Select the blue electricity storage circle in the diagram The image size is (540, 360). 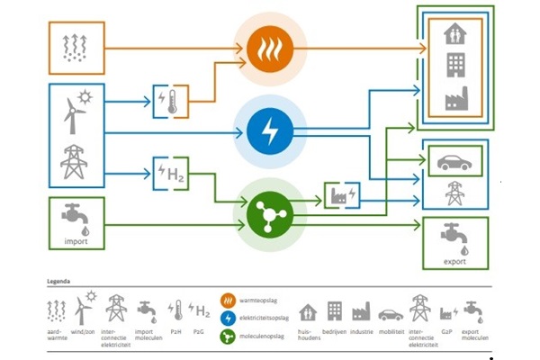[x=270, y=133]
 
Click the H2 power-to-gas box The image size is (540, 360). [x=172, y=173]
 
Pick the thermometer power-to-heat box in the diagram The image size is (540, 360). [x=171, y=100]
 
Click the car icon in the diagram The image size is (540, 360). [x=454, y=163]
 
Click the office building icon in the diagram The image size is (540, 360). [x=455, y=66]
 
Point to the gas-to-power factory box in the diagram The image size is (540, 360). [x=341, y=194]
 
